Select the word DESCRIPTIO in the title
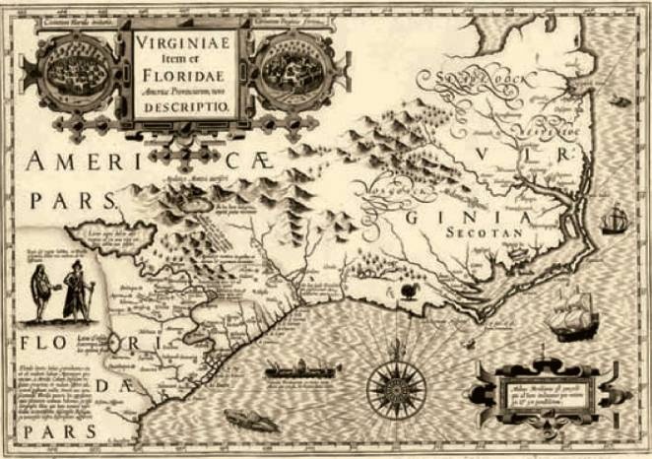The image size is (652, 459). pyautogui.click(x=187, y=107)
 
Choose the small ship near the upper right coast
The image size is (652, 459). pyautogui.click(x=615, y=219)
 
